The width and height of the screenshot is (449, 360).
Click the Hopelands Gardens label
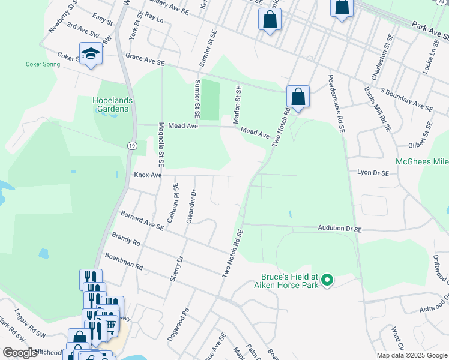click(110, 104)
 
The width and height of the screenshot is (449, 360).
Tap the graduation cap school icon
click(91, 55)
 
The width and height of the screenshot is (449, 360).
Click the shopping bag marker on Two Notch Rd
click(298, 96)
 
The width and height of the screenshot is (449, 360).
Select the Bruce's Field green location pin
click(327, 280)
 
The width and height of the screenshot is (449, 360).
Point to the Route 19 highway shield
click(131, 146)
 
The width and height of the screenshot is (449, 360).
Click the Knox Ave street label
click(148, 175)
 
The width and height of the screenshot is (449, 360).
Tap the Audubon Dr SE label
click(339, 229)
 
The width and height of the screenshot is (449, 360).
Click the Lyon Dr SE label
click(373, 172)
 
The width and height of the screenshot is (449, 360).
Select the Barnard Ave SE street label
click(142, 220)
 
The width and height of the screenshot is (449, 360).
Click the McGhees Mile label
click(422, 162)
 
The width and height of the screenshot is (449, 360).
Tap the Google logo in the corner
click(20, 353)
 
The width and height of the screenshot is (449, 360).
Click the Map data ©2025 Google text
click(411, 355)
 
